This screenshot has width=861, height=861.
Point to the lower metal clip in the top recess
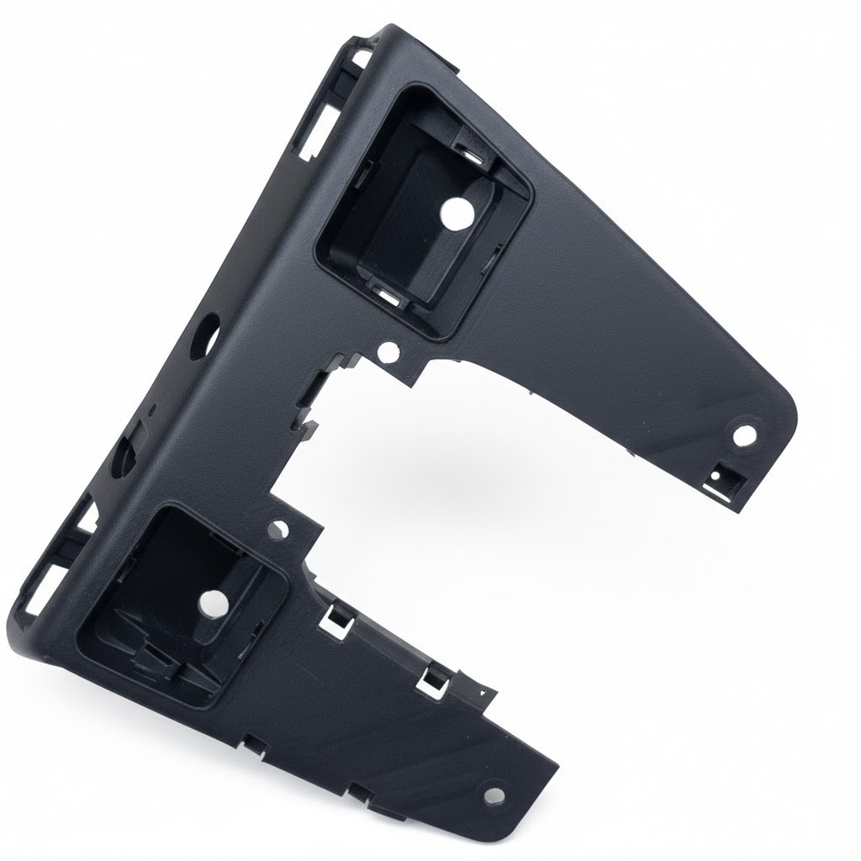pos(388,294)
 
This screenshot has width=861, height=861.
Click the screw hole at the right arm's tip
pos(745,436)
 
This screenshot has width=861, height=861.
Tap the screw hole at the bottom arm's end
pos(494,794)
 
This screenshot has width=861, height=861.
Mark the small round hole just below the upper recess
pos(388,351)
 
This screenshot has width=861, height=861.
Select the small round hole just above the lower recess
pos(280,530)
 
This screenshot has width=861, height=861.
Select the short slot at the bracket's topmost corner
pos(362,59)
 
